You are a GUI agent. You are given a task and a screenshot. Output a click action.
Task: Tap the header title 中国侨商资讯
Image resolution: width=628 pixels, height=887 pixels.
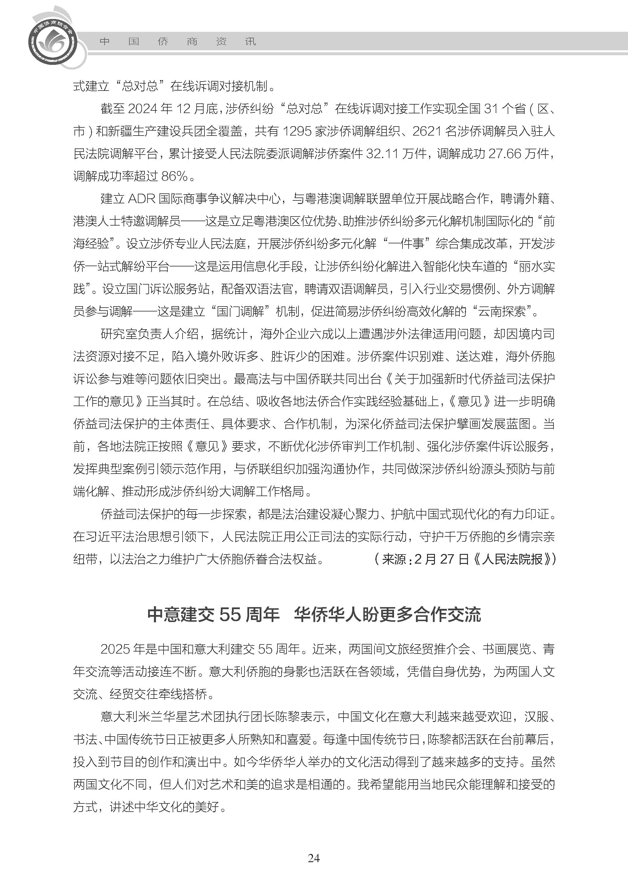(x=178, y=42)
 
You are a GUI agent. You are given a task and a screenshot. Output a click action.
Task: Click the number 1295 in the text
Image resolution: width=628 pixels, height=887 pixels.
(x=297, y=131)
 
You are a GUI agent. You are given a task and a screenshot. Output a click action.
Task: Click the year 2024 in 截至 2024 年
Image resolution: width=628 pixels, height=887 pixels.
(x=143, y=109)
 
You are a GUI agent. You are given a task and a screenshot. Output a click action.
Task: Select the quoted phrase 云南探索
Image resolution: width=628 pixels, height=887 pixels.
(x=502, y=311)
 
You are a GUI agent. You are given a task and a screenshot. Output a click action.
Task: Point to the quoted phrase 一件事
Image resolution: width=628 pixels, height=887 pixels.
(x=406, y=244)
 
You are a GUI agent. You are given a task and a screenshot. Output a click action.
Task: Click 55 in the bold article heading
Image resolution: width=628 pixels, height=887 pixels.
(x=230, y=615)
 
